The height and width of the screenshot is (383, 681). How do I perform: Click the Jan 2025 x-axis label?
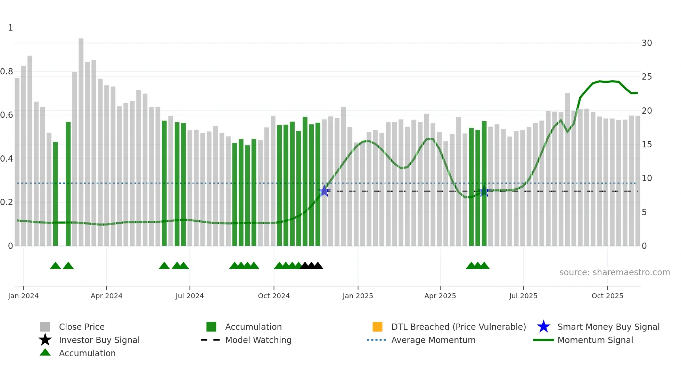358,296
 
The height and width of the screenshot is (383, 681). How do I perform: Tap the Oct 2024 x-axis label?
273,296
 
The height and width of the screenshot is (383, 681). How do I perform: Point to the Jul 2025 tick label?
523,296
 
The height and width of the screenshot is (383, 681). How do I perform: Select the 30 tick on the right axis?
647,43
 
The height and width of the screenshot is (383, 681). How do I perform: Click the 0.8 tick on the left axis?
7,72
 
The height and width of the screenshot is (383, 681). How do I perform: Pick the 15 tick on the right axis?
647,145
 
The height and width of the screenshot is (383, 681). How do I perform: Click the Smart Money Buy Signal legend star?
543,327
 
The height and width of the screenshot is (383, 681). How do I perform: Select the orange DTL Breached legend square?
377,327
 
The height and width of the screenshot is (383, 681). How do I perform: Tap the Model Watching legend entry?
258,340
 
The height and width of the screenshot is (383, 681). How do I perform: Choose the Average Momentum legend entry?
433,340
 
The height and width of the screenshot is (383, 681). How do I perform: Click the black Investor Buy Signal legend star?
45,340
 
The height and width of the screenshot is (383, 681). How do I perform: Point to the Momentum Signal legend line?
543,340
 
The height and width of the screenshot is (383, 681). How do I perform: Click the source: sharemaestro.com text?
614,272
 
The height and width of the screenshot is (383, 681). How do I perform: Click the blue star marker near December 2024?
324,191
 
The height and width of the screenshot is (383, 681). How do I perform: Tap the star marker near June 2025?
484,191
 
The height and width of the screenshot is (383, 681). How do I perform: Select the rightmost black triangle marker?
318,266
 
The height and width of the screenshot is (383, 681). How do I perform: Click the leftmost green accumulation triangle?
55,266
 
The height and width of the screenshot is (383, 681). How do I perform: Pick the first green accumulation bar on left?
55,193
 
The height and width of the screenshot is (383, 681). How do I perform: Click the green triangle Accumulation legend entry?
45,353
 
